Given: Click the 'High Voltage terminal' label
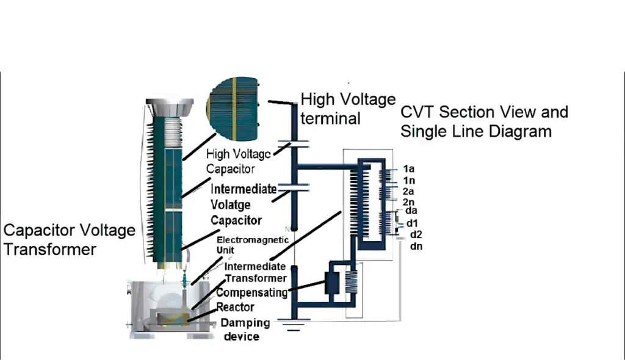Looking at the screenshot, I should click(x=348, y=108).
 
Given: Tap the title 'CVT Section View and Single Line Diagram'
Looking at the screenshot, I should click(x=484, y=121).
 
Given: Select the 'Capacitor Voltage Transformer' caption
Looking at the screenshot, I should click(x=69, y=240).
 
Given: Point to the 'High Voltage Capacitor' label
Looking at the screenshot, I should click(x=239, y=161).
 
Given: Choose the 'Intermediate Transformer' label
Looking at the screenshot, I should click(x=255, y=272).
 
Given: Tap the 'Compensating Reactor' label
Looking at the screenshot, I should click(x=251, y=299).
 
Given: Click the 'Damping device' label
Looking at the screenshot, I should click(x=240, y=329).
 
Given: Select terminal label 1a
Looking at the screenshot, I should click(x=408, y=168).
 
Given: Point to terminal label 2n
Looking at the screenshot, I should click(x=408, y=202).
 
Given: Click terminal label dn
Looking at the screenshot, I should click(x=416, y=246).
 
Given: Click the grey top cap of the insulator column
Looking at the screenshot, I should click(x=169, y=107).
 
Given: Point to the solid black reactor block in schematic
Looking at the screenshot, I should click(x=333, y=283).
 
